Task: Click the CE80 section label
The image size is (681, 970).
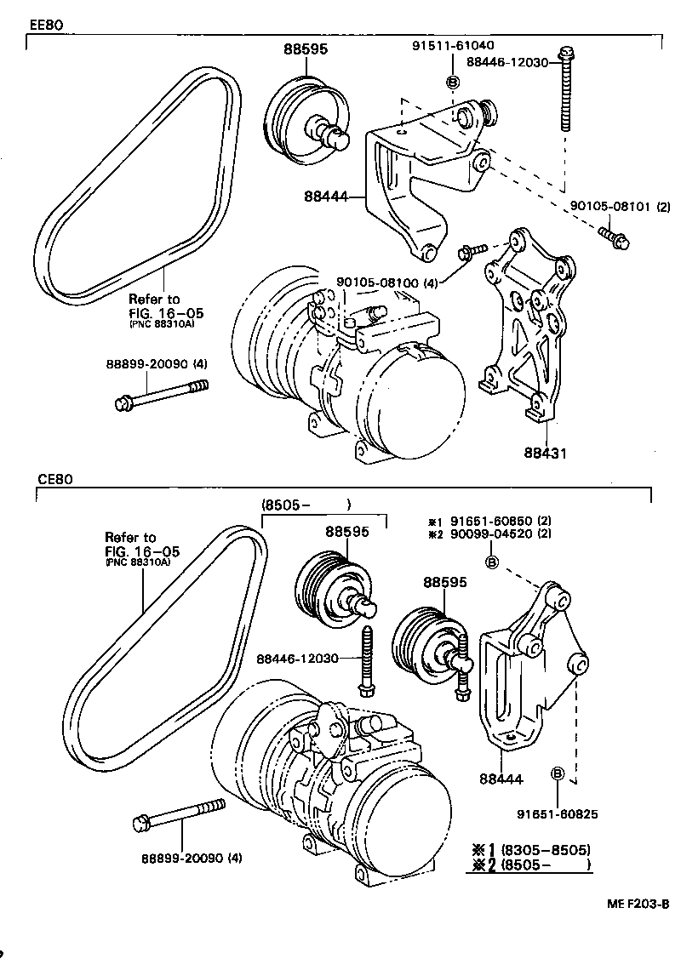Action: [x=54, y=479]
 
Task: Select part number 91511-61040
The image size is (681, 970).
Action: [x=452, y=45]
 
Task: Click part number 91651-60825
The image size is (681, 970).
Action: [x=557, y=814]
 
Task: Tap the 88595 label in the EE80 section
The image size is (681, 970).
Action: [x=306, y=49]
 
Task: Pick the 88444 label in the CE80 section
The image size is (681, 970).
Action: [x=501, y=778]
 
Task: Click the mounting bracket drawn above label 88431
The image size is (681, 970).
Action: [x=523, y=323]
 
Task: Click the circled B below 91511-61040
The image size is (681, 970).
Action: [x=452, y=82]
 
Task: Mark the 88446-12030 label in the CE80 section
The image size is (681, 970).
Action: [x=298, y=659]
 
